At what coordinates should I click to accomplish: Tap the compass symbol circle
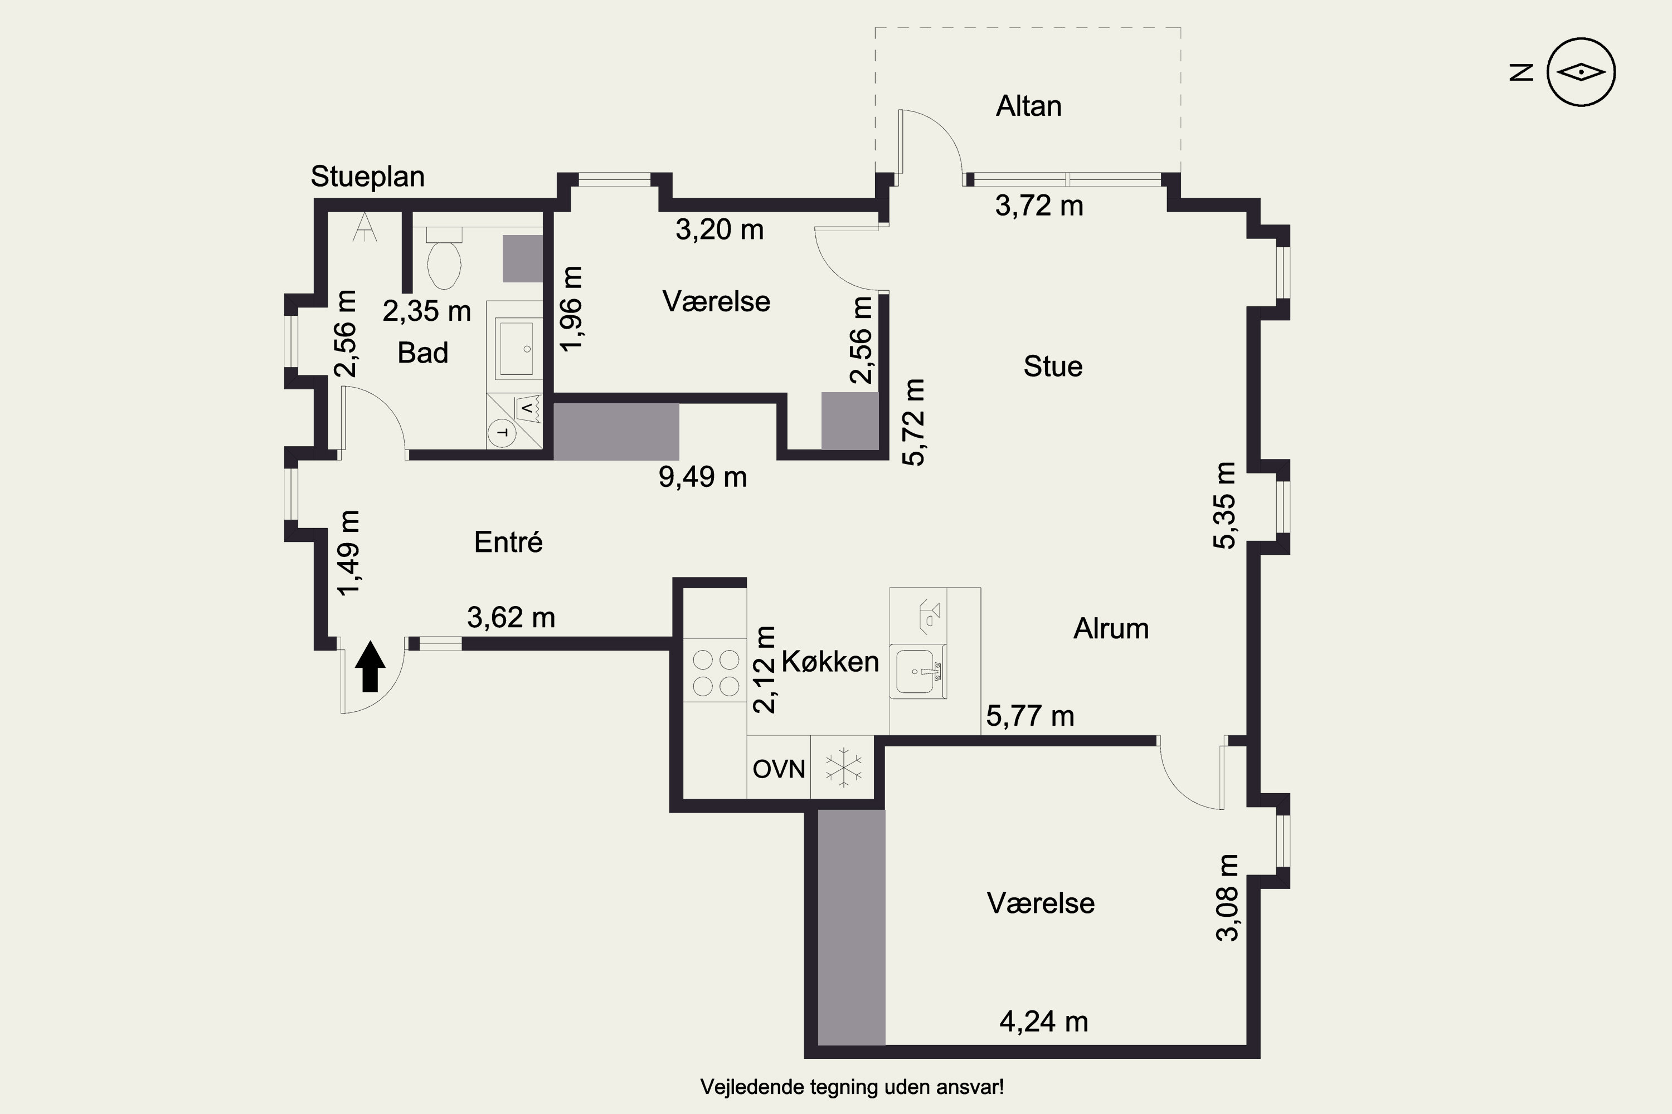pyautogui.click(x=1582, y=72)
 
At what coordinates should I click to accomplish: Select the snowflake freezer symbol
pyautogui.click(x=843, y=768)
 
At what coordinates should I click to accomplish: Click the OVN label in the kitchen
pyautogui.click(x=779, y=769)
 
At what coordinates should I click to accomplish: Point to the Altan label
pyautogui.click(x=1029, y=106)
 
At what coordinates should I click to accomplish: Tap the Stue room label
pyautogui.click(x=1053, y=367)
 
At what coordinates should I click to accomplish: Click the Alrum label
pyautogui.click(x=1111, y=629)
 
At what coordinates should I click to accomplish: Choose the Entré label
pyautogui.click(x=508, y=542)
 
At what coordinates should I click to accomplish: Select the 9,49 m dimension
pyautogui.click(x=702, y=477)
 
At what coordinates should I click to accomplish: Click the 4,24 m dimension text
pyautogui.click(x=1043, y=1022)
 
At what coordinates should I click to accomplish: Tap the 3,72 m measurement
pyautogui.click(x=1039, y=206)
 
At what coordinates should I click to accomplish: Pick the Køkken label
pyautogui.click(x=830, y=662)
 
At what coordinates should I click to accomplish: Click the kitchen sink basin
pyautogui.click(x=919, y=670)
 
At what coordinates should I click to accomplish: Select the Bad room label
pyautogui.click(x=423, y=353)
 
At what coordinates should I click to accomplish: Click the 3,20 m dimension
pyautogui.click(x=720, y=229)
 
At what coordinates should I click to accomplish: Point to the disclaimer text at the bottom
pyautogui.click(x=852, y=1087)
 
